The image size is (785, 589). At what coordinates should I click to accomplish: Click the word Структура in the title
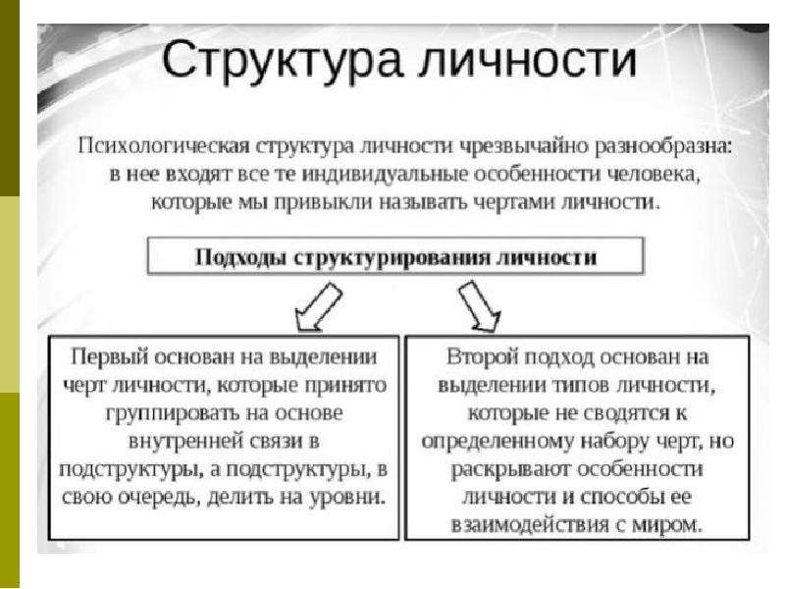tap(282, 61)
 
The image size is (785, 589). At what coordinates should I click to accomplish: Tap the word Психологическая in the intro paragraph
tap(164, 145)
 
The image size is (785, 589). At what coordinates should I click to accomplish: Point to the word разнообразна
tap(663, 145)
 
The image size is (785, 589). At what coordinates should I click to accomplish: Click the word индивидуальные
tap(386, 174)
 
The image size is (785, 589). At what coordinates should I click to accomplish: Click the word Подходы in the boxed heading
tap(239, 257)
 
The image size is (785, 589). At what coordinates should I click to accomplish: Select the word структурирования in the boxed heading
tap(392, 258)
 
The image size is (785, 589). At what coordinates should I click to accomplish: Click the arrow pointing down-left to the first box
tap(318, 307)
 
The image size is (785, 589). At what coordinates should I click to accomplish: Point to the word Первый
tap(110, 357)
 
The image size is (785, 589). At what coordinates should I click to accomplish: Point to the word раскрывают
tap(511, 470)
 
